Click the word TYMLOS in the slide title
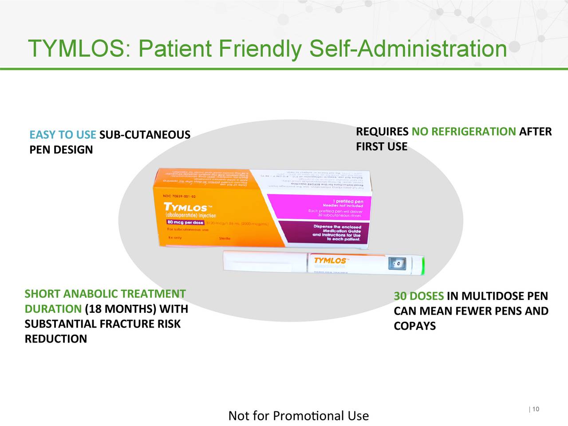(x=76, y=48)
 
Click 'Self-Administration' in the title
(x=408, y=48)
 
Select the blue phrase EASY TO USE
(x=63, y=135)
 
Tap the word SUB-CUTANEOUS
(x=145, y=135)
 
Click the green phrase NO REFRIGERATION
(x=464, y=132)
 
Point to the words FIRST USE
(x=382, y=147)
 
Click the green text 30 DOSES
(x=418, y=296)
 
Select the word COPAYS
(x=415, y=326)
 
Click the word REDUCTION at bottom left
(x=56, y=339)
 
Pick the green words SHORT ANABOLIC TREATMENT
(x=105, y=294)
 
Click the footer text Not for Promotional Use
(x=298, y=416)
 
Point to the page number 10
(x=536, y=409)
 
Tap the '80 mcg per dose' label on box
(x=185, y=223)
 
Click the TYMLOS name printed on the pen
(x=331, y=261)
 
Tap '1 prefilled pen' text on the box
(x=348, y=201)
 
